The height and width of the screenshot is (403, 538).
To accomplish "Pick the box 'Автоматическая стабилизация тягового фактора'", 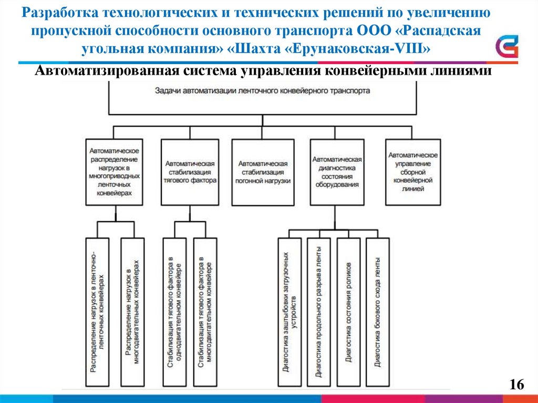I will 190,171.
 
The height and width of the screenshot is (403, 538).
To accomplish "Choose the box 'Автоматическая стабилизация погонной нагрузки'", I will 263,171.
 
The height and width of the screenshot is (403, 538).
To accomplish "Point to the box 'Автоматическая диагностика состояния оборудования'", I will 336,171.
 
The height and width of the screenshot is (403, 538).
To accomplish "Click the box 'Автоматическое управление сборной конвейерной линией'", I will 412,171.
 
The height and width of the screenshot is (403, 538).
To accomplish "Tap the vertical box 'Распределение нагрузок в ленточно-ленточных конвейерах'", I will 97,313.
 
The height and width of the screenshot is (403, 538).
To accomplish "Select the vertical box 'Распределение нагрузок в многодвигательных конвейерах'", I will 132,313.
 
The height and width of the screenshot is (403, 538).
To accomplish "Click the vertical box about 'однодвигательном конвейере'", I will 174,313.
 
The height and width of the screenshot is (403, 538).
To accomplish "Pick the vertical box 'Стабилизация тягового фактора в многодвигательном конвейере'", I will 205,313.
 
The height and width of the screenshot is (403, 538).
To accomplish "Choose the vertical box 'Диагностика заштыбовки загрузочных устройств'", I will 289,313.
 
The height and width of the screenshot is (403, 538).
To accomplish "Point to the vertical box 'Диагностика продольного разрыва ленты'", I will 319,313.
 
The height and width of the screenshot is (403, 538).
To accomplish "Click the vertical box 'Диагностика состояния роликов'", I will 348,313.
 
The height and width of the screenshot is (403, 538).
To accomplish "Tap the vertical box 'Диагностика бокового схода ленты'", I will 378,313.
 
